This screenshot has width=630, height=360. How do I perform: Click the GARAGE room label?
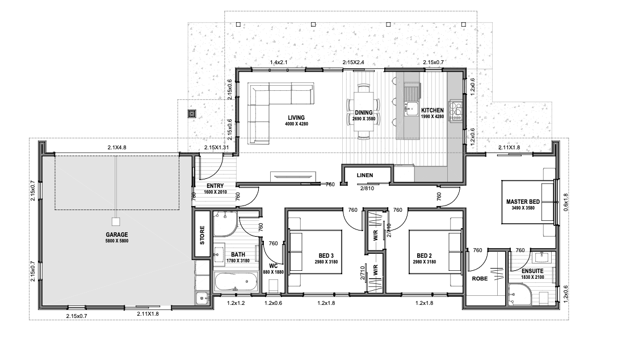(117, 235)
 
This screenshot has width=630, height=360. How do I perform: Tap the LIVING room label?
(296, 118)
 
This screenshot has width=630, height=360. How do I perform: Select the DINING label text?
(364, 112)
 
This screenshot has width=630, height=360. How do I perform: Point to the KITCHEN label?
(432, 110)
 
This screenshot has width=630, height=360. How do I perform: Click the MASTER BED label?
(523, 202)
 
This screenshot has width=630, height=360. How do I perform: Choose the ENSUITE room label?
(532, 271)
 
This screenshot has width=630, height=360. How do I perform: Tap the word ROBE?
(480, 278)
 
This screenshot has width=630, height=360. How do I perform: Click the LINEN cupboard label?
(365, 175)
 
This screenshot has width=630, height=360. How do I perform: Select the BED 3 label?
(326, 256)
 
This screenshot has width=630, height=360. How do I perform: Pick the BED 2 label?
(425, 256)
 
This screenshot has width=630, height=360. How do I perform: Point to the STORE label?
(202, 235)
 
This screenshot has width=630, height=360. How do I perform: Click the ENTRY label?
(215, 186)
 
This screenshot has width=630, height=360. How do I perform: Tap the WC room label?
(273, 266)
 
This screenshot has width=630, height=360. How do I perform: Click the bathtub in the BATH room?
(236, 282)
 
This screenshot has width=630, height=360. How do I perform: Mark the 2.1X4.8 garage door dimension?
(117, 148)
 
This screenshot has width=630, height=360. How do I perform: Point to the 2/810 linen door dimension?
(367, 188)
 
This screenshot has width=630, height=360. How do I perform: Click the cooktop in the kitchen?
(456, 110)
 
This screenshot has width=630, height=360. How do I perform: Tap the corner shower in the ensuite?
(519, 295)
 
